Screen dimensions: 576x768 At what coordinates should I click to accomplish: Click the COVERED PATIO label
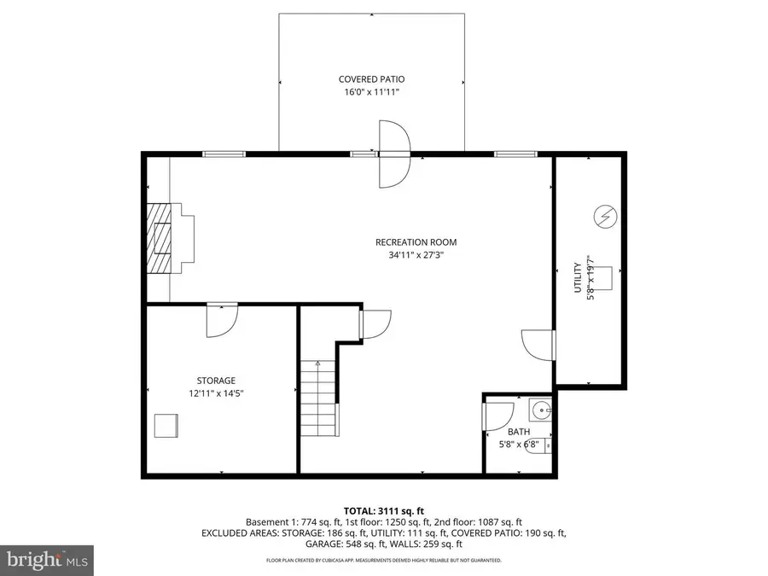(x=371, y=79)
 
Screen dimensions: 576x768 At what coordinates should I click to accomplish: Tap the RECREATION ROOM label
(x=410, y=241)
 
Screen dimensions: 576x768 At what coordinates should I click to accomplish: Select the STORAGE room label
(x=216, y=381)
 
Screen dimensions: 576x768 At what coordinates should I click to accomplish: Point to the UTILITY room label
(x=578, y=277)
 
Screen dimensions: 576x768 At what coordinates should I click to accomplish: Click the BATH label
(x=519, y=432)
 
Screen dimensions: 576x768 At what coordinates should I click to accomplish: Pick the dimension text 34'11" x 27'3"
(x=410, y=254)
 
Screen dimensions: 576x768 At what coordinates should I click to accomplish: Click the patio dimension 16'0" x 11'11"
(x=371, y=92)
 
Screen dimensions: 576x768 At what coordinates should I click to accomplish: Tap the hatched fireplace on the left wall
(x=158, y=239)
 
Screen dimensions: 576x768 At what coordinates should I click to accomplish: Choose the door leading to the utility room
(x=537, y=344)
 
